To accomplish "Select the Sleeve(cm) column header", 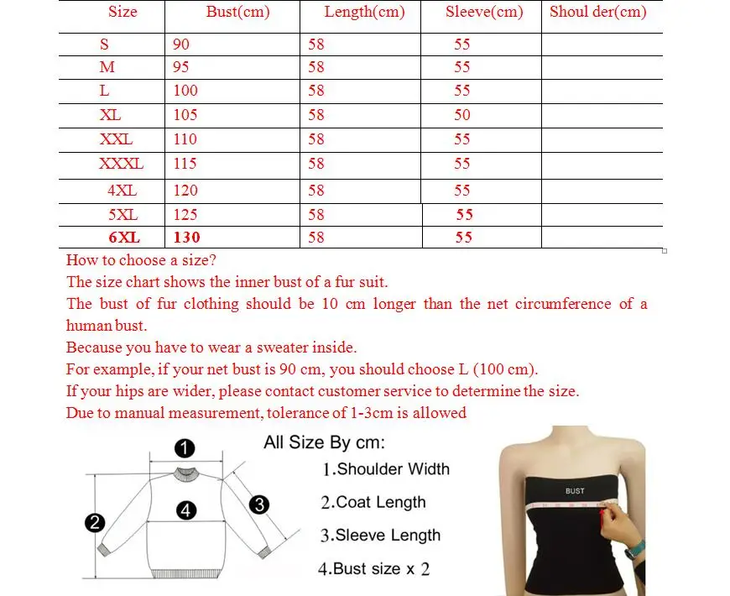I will (x=484, y=12).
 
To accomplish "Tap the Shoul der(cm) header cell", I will (x=598, y=12).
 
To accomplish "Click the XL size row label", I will (x=110, y=115).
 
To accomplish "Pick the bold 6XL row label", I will (x=112, y=238).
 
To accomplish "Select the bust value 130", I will (x=187, y=238).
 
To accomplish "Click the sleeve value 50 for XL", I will (x=462, y=115).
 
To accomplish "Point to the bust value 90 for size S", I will (x=181, y=44).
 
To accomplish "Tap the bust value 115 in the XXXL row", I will (x=185, y=164).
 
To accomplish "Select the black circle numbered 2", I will (x=95, y=523).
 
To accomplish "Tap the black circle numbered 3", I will (x=259, y=505).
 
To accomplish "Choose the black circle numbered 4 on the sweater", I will (x=186, y=510).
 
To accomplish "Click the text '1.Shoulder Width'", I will (x=386, y=468).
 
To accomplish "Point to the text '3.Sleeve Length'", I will (x=380, y=535).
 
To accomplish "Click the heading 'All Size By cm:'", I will (x=324, y=442).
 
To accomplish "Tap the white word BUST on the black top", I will (x=575, y=490).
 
